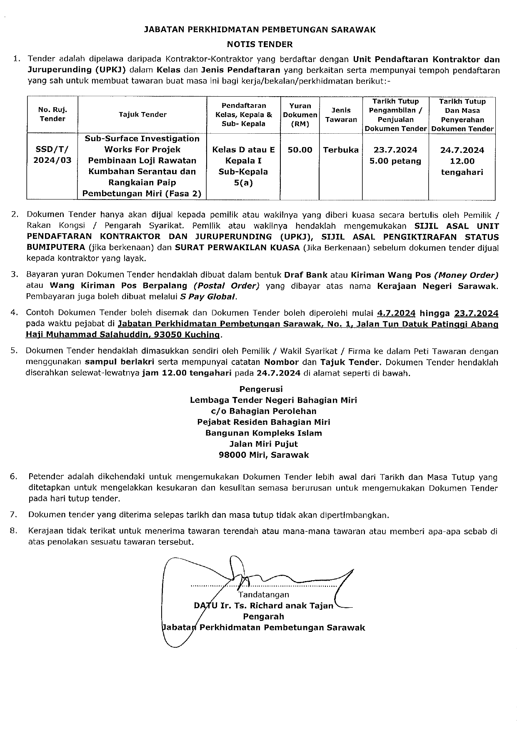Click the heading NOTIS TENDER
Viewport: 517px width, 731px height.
point(260,44)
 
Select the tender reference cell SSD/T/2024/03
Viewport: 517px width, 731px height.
point(52,155)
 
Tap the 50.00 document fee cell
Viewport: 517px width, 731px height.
point(300,150)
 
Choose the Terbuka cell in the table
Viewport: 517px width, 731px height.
point(341,150)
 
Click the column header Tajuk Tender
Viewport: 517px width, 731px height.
point(142,115)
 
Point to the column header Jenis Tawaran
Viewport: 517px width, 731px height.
point(341,115)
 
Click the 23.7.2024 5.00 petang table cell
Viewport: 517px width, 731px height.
point(395,155)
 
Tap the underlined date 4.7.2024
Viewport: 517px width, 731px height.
point(396,313)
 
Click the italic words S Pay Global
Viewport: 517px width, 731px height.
point(208,297)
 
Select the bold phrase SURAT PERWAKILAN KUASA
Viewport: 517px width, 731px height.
point(237,248)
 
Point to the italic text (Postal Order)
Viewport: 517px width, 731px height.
point(226,286)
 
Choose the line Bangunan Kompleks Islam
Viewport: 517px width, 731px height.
point(263,433)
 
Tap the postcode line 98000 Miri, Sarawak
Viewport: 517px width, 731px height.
point(264,455)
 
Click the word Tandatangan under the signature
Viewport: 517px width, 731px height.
point(263,594)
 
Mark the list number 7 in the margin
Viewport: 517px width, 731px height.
point(14,515)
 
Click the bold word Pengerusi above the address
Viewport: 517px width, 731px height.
point(261,389)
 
